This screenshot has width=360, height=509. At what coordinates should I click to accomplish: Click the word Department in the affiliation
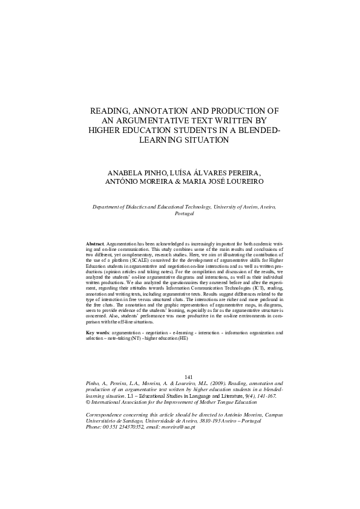[107, 207]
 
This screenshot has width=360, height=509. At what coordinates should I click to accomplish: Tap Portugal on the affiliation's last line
[184, 214]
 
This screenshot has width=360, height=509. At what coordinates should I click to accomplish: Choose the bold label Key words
[97, 333]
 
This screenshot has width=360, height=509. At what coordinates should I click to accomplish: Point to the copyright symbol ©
[88, 400]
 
